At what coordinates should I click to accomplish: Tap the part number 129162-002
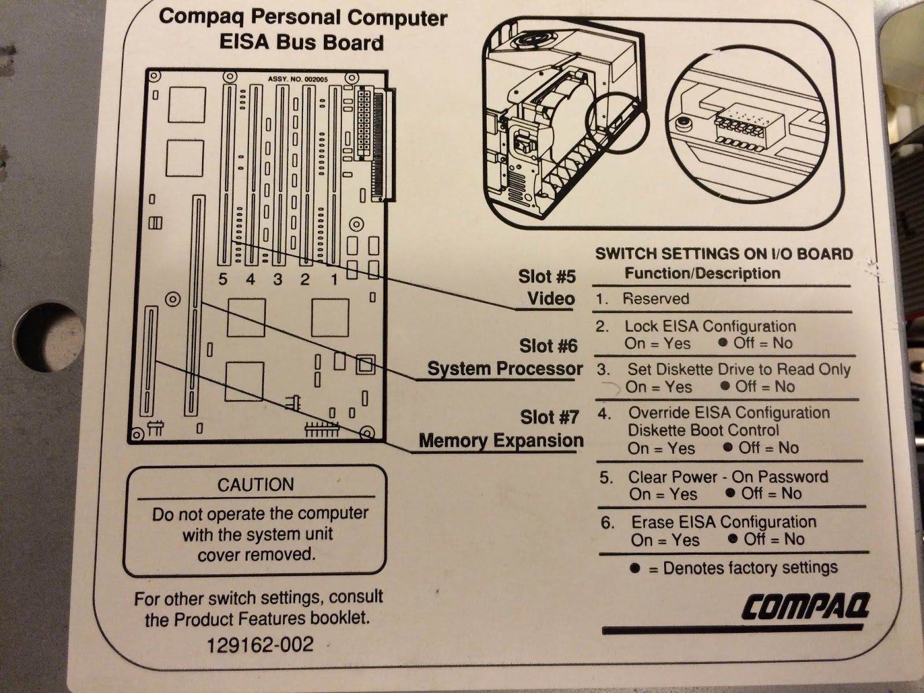[260, 644]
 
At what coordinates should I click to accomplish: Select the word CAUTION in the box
[255, 484]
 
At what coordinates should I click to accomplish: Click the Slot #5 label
[546, 277]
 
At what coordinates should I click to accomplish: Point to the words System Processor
[505, 368]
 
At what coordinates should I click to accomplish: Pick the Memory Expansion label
[501, 441]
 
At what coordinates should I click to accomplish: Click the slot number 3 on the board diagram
[278, 280]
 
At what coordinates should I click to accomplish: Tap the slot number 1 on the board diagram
[334, 280]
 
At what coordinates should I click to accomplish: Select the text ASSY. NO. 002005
[299, 79]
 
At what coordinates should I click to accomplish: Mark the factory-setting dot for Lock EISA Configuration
[722, 342]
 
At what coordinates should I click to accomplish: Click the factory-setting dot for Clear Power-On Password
[731, 493]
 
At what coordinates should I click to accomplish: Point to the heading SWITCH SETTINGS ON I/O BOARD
[724, 254]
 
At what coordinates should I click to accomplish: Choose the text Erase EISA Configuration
[724, 522]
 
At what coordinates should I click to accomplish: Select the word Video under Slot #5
[551, 299]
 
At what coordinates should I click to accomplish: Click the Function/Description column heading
[702, 273]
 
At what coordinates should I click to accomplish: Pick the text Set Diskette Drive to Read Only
[739, 369]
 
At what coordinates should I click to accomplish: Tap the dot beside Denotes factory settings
[635, 568]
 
